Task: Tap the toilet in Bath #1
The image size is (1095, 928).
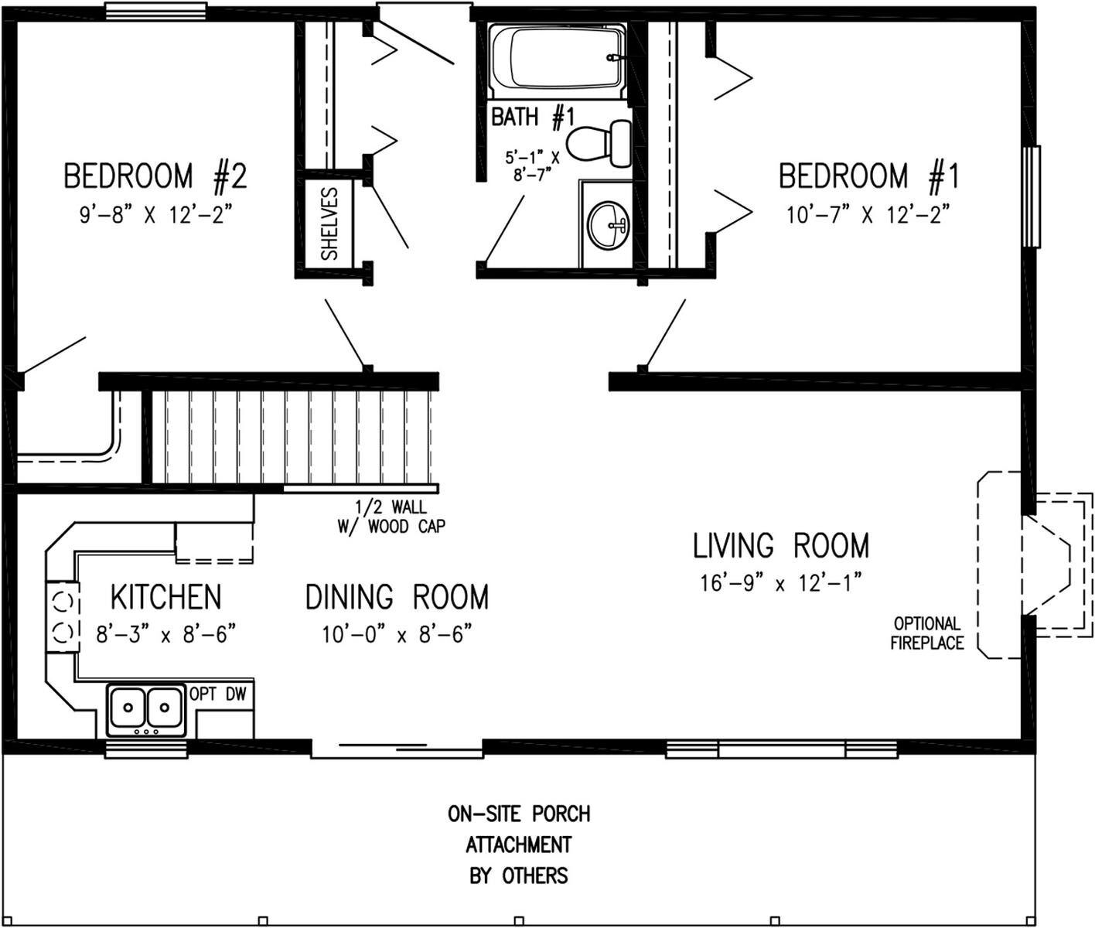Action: pyautogui.click(x=599, y=143)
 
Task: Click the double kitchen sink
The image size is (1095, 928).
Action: pyautogui.click(x=145, y=708)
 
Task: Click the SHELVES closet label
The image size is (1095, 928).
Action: pyautogui.click(x=329, y=223)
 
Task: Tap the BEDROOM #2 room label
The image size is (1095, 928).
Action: pyautogui.click(x=155, y=176)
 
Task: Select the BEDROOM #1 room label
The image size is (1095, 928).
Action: pyautogui.click(x=868, y=176)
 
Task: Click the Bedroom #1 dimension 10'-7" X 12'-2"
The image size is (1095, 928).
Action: pyautogui.click(x=868, y=214)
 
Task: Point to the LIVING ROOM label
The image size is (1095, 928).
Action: pyautogui.click(x=780, y=546)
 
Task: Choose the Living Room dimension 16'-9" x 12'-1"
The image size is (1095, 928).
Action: pyautogui.click(x=780, y=583)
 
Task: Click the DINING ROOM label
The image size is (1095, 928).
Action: pyautogui.click(x=397, y=597)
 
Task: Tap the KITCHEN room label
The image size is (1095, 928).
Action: pyautogui.click(x=165, y=597)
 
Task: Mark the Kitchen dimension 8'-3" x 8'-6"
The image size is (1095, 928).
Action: pyautogui.click(x=165, y=635)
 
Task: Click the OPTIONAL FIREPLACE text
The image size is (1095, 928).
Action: pyautogui.click(x=926, y=633)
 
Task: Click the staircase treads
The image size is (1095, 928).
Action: pyautogui.click(x=294, y=437)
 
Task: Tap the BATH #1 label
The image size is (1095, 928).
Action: pyautogui.click(x=533, y=117)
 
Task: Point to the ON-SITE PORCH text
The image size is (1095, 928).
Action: pyautogui.click(x=519, y=814)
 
